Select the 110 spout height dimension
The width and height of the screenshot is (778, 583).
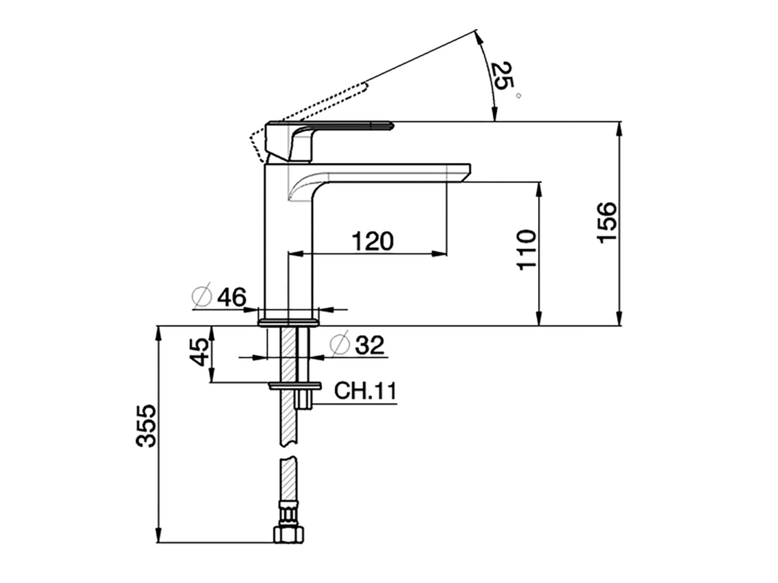[x=526, y=250]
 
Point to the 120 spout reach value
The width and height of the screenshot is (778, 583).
[x=373, y=241]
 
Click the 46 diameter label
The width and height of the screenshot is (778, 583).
[x=232, y=297]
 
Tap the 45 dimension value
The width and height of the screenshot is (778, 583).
[x=200, y=352]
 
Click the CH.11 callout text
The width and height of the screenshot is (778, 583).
[x=365, y=391]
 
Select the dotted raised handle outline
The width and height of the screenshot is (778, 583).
[x=316, y=107]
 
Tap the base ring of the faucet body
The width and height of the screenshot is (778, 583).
[x=289, y=321]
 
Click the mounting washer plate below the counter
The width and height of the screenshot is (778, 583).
[x=295, y=386]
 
